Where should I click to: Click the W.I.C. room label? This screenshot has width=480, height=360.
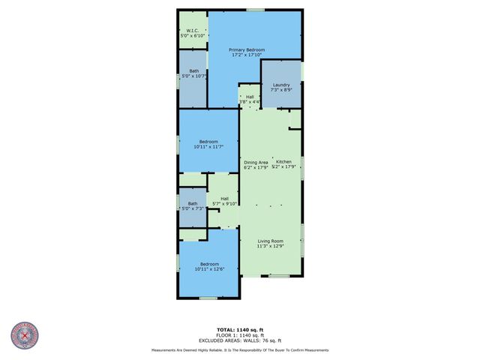(x=193, y=31)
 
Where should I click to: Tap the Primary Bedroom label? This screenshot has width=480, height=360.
(x=247, y=49)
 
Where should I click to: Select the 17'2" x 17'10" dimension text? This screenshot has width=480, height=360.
(x=247, y=55)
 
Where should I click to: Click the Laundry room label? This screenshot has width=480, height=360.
(x=281, y=85)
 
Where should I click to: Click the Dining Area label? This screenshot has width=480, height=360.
(x=256, y=162)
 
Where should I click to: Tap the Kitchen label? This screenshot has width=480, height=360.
(x=283, y=162)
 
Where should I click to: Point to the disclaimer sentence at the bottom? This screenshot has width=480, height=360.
(x=239, y=350)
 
